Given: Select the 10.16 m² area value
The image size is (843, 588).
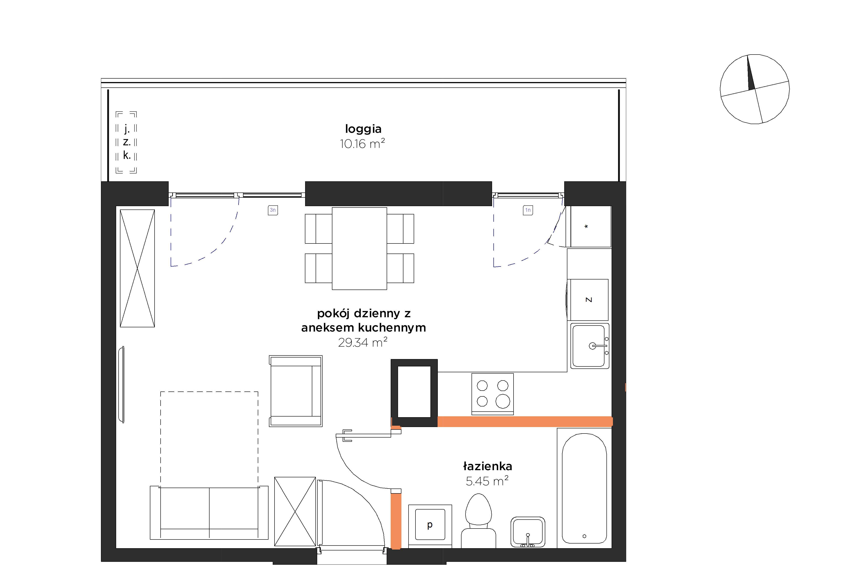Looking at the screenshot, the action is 362,143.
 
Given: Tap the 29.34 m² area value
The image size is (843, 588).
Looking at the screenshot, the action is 363,342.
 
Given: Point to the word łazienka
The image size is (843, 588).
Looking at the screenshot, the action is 488,466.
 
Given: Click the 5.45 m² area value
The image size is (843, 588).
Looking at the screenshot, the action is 487,481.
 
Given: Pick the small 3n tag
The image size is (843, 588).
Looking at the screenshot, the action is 273,210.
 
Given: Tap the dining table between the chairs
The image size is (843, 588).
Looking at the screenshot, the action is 359,248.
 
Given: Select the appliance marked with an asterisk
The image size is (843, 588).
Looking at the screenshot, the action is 591,226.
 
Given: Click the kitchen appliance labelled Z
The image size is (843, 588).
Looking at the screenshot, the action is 588,300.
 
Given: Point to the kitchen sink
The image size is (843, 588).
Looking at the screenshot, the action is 590,346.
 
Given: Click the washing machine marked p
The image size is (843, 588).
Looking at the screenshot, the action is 430,526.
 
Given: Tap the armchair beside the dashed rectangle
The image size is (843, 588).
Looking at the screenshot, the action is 296,391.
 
